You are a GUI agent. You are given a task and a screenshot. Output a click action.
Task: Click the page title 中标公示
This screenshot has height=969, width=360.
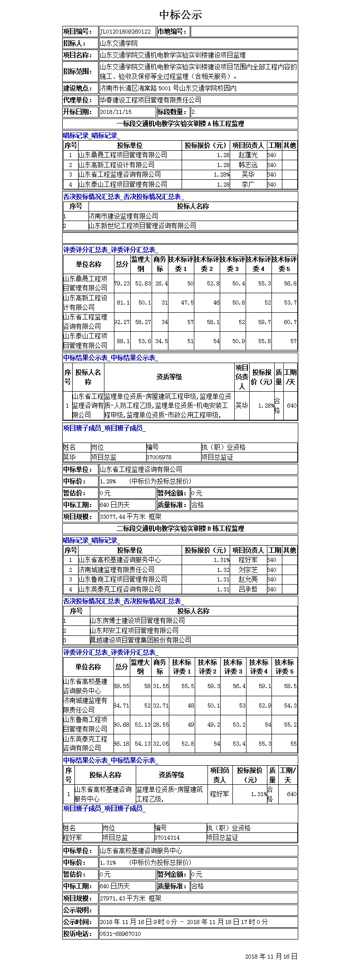[180, 15]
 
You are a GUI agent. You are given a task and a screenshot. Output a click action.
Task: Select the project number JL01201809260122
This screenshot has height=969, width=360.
[125, 32]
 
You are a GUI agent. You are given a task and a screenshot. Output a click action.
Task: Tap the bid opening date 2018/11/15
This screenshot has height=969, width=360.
[116, 112]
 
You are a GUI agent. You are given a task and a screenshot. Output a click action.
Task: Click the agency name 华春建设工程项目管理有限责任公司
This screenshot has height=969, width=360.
[150, 100]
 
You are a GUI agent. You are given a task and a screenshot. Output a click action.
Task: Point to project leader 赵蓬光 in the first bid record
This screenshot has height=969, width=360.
[248, 155]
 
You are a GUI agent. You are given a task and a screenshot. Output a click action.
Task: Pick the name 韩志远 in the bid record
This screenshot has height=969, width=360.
[248, 165]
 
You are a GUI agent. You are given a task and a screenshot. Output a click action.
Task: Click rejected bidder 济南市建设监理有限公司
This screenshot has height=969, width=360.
[123, 216]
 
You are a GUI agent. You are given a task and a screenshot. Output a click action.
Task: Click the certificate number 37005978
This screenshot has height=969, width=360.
[159, 457]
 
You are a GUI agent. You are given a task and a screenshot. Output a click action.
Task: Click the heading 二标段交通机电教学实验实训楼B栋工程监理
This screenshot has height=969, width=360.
[180, 528]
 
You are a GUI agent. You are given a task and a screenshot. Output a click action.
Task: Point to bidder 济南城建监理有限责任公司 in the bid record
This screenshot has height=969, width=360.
[117, 570]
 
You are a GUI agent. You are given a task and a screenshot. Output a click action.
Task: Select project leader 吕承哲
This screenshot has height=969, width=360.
[248, 589]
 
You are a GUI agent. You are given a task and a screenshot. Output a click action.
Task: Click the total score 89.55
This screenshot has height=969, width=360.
[122, 686]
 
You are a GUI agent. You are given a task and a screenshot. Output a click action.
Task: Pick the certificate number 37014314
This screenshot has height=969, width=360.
[167, 837]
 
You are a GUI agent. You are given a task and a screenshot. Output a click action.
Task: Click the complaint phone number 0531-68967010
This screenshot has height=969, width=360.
[120, 934]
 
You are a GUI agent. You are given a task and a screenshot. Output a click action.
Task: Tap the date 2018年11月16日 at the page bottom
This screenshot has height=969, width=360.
[271, 956]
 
